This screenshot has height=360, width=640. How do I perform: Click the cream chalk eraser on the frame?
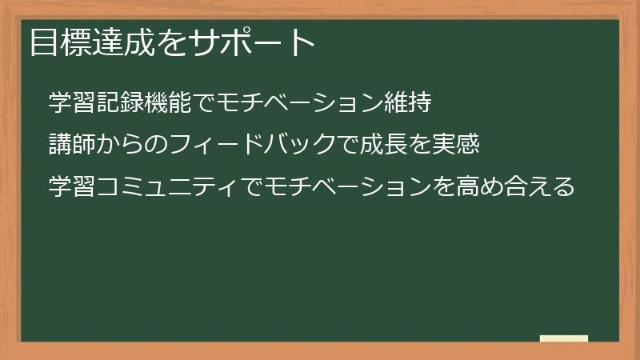[x=564, y=338]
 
